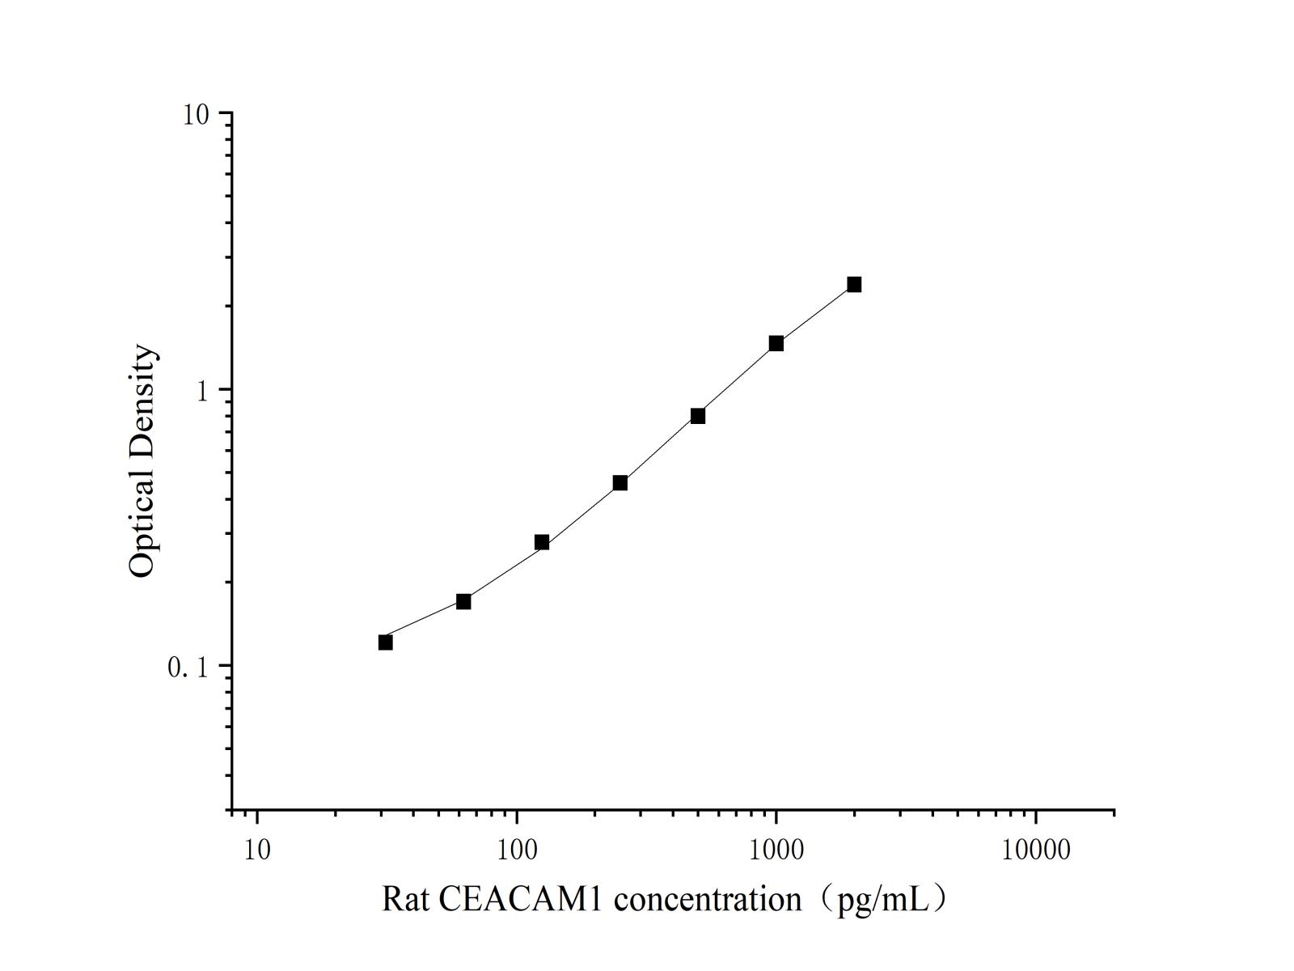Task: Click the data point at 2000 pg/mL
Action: pyautogui.click(x=854, y=284)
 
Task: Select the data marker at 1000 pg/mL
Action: pyautogui.click(x=776, y=343)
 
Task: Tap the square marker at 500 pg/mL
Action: pyautogui.click(x=698, y=416)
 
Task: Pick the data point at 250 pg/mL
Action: pyautogui.click(x=620, y=483)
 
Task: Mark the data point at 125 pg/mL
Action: pyautogui.click(x=542, y=542)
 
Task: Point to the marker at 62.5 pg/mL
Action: pyautogui.click(x=463, y=601)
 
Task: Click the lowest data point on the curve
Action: pyautogui.click(x=386, y=642)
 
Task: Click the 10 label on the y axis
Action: pyautogui.click(x=196, y=115)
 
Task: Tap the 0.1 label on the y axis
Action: pyautogui.click(x=188, y=668)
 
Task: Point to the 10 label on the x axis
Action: pyautogui.click(x=256, y=850)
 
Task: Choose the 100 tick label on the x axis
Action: pyautogui.click(x=517, y=850)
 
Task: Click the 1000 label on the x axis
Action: pyautogui.click(x=776, y=850)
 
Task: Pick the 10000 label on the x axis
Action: pyautogui.click(x=1036, y=850)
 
